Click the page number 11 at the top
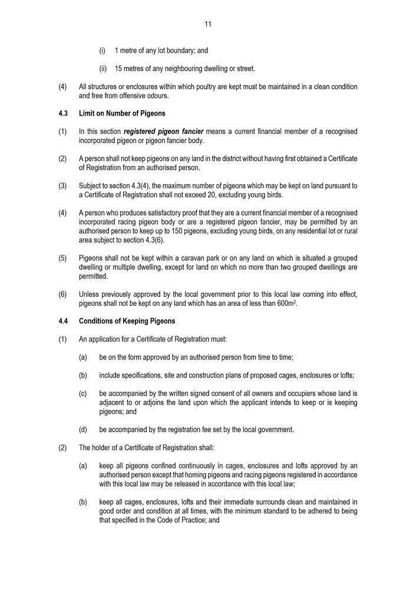coord(208,24)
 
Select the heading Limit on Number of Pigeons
coord(122,113)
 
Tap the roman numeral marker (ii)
coord(103,69)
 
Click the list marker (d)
coord(83,429)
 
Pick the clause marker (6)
coord(62,295)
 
